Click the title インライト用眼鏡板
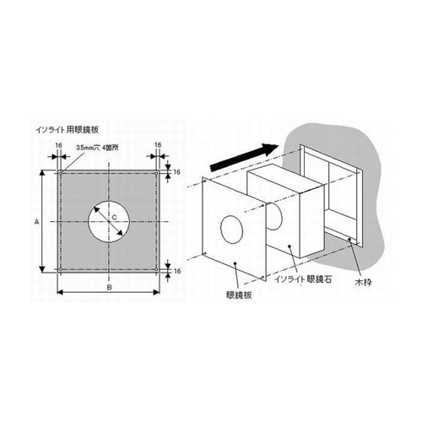[68, 130]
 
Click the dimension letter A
[36, 222]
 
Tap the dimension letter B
[110, 287]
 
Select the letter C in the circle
[114, 217]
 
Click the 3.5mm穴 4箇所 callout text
[97, 148]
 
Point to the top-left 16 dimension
[58, 145]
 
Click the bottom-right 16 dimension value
[176, 271]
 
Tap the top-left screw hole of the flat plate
[61, 173]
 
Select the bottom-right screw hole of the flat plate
[156, 269]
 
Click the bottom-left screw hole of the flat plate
[61, 269]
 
